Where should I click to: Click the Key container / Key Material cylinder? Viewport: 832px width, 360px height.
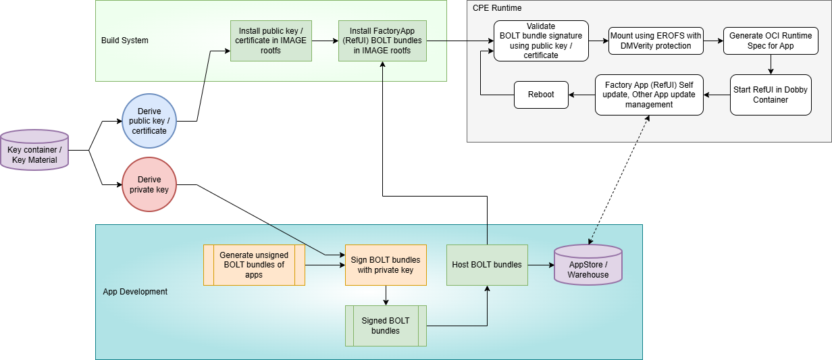click(34, 150)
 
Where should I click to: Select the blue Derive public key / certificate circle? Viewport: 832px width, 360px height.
click(149, 121)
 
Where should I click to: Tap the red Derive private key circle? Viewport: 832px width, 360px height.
click(149, 184)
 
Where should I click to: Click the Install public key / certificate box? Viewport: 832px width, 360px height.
click(271, 41)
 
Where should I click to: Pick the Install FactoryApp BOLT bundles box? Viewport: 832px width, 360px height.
click(382, 41)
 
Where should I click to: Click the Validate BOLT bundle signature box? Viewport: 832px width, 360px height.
click(541, 41)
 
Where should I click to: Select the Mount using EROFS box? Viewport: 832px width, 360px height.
click(656, 41)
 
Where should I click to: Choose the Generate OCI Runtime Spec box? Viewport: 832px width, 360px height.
click(771, 41)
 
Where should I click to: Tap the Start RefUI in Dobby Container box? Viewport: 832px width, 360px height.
click(771, 95)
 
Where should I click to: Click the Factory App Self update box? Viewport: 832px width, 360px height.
click(649, 95)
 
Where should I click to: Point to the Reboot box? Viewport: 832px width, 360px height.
click(541, 95)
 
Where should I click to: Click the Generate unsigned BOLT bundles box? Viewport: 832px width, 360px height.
click(254, 265)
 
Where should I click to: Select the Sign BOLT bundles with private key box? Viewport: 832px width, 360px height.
click(386, 265)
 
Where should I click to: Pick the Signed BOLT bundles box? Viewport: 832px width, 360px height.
click(386, 326)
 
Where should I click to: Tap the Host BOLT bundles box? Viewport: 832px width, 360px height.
click(487, 265)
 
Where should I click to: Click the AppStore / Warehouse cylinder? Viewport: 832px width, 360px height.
click(588, 265)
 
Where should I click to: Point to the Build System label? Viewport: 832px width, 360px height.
click(125, 41)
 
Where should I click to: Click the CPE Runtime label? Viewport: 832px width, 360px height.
click(497, 8)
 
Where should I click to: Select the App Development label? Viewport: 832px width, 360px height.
click(135, 292)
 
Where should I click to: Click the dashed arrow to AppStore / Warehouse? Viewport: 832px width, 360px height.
click(619, 180)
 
